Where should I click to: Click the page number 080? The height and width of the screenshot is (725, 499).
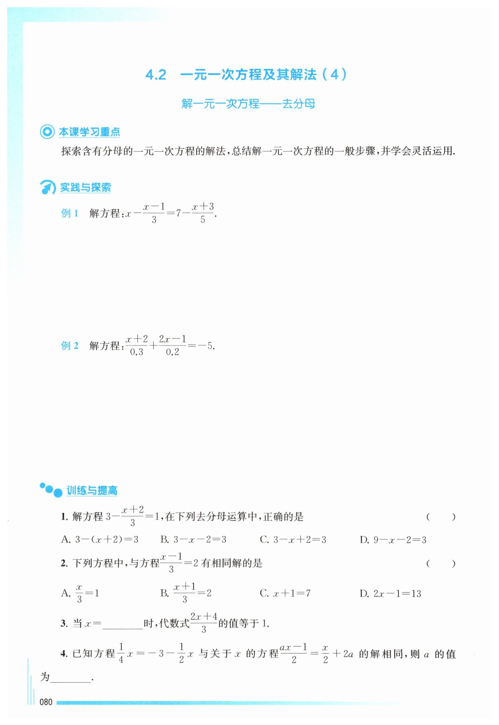click(x=46, y=702)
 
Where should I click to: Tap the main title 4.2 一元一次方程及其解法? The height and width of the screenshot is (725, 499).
click(x=246, y=75)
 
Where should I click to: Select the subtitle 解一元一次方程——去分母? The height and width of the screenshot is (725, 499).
click(x=248, y=104)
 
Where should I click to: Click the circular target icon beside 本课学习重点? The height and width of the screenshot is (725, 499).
click(x=47, y=132)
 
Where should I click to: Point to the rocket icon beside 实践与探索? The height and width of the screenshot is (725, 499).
click(x=48, y=187)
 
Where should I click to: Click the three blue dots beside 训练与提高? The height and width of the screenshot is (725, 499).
click(x=51, y=490)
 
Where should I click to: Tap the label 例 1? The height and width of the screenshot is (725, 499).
click(x=70, y=213)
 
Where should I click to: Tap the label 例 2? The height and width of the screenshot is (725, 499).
click(x=70, y=346)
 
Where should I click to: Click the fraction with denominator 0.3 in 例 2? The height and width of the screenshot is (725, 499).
click(x=136, y=345)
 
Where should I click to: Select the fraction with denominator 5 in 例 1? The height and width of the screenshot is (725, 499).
click(x=203, y=213)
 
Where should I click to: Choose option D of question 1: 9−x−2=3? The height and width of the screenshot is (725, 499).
click(x=393, y=540)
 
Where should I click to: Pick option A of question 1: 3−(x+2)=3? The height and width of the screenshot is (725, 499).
click(x=100, y=540)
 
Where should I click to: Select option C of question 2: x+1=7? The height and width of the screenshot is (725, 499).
click(x=285, y=593)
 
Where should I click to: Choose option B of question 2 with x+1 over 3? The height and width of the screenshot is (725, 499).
click(x=186, y=593)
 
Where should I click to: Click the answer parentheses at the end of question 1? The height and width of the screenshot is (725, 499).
click(x=441, y=517)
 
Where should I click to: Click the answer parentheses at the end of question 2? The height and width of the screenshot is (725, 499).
click(x=441, y=564)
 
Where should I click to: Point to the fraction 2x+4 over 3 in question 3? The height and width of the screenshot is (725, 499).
click(x=204, y=623)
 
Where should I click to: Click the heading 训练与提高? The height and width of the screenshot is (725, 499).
click(x=92, y=491)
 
